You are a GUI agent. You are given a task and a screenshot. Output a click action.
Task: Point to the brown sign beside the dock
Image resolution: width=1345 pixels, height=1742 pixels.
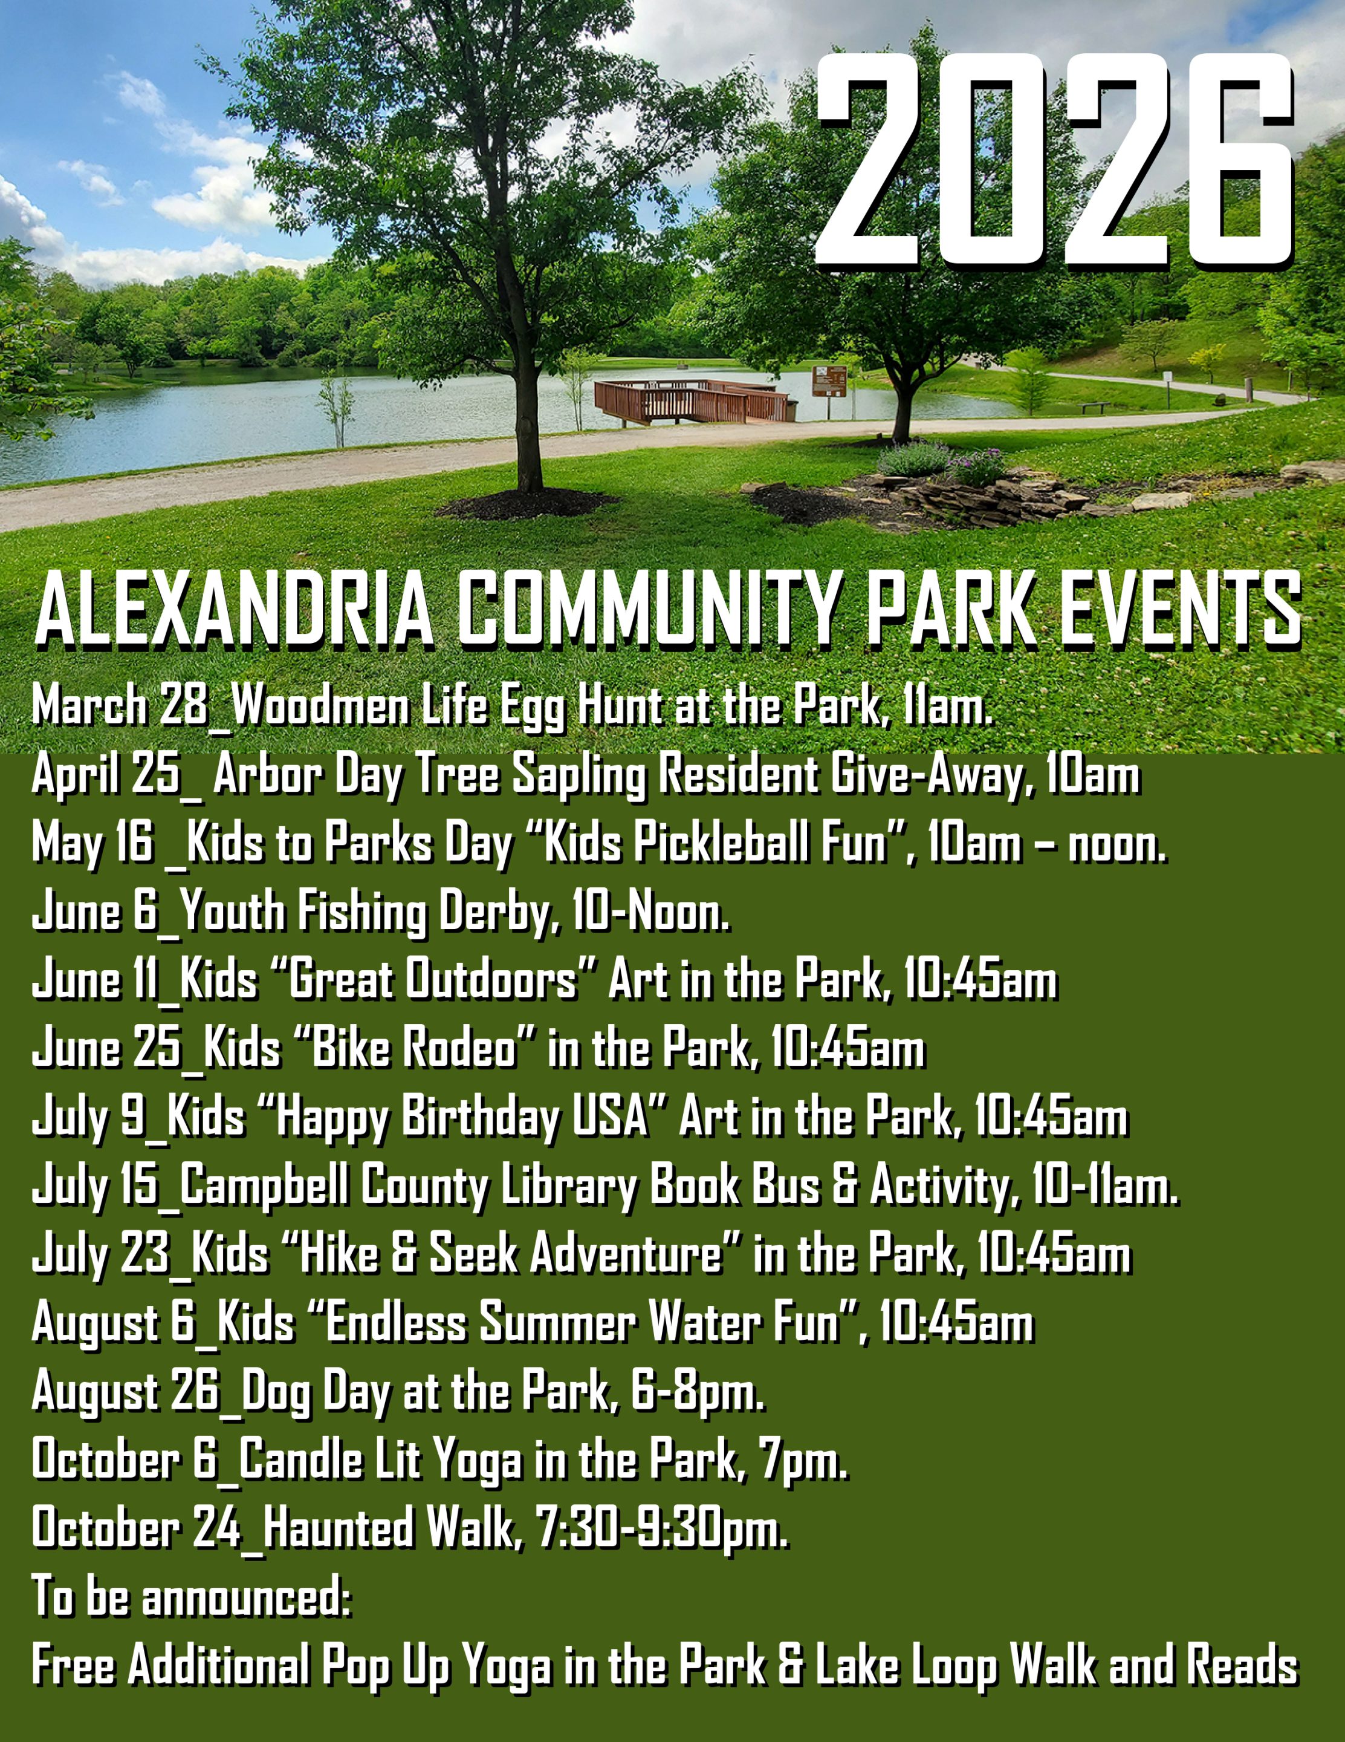[829, 381]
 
